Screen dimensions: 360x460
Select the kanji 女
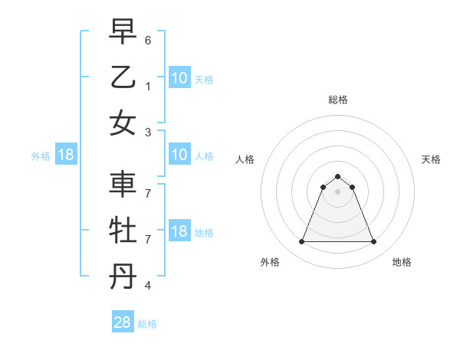pyautogui.click(x=123, y=123)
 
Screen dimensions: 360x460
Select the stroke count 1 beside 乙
pyautogui.click(x=148, y=86)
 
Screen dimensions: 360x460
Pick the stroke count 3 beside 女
pyautogui.click(x=148, y=131)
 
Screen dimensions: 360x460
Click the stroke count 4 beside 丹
pyautogui.click(x=148, y=286)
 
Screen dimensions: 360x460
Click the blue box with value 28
pyautogui.click(x=122, y=322)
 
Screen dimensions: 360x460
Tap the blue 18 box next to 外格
pyautogui.click(x=66, y=155)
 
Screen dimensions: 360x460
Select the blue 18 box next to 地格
pyautogui.click(x=179, y=232)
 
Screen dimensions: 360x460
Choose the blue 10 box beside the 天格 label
pyautogui.click(x=179, y=77)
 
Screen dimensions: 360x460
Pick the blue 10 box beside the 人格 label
pyautogui.click(x=179, y=155)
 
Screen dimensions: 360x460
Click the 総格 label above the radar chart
pyautogui.click(x=337, y=100)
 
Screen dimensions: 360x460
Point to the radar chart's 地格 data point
pyautogui.click(x=374, y=242)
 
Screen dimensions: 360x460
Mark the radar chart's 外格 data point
pyautogui.click(x=301, y=242)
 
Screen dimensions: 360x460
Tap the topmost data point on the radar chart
pyautogui.click(x=337, y=176)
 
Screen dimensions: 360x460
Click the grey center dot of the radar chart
pyautogui.click(x=337, y=191)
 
